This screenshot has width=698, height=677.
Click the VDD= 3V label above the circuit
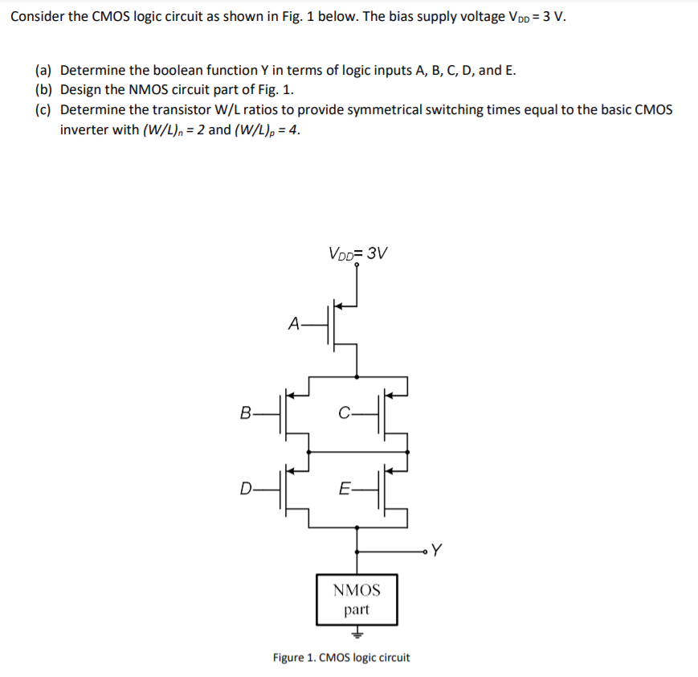[357, 253]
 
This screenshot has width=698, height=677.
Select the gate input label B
[245, 413]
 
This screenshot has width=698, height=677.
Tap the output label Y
[436, 551]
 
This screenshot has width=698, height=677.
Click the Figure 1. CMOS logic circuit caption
[341, 658]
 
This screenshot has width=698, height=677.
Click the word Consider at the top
[38, 17]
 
